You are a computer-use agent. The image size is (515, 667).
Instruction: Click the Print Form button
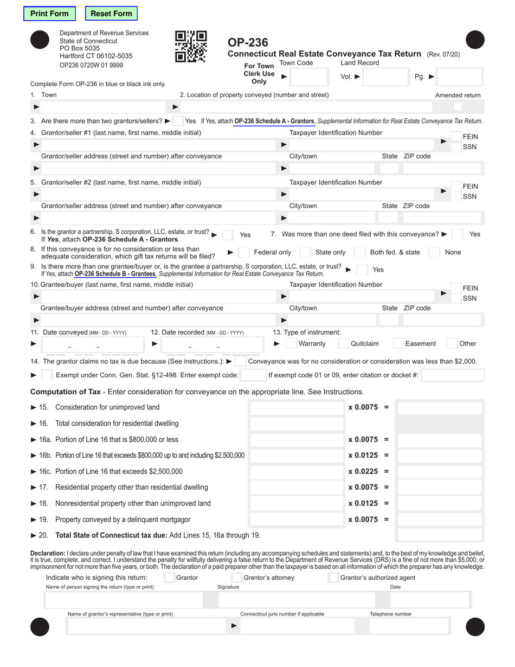click(49, 14)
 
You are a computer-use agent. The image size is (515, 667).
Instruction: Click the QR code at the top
click(191, 47)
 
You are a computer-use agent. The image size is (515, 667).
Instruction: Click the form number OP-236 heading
click(248, 42)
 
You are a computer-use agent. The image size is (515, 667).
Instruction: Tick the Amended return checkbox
click(458, 107)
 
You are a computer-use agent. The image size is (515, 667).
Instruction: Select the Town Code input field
click(307, 77)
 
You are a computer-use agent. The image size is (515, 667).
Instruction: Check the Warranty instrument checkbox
click(291, 343)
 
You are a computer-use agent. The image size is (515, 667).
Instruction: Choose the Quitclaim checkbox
click(344, 343)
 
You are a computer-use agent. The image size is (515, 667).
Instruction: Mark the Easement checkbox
click(398, 343)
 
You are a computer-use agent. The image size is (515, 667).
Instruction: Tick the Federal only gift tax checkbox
click(244, 252)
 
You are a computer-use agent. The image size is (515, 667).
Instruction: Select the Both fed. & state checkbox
click(359, 252)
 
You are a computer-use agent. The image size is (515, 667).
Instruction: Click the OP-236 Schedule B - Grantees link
click(114, 274)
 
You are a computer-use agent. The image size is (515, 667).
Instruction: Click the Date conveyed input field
click(92, 344)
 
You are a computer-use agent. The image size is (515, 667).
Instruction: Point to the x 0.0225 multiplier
click(363, 471)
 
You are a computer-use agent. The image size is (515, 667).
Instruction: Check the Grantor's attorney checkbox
click(236, 578)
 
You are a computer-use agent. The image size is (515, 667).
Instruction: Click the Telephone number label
click(390, 614)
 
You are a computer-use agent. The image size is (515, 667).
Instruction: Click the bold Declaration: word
click(48, 553)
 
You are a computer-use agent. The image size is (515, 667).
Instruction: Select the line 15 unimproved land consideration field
click(295, 407)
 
